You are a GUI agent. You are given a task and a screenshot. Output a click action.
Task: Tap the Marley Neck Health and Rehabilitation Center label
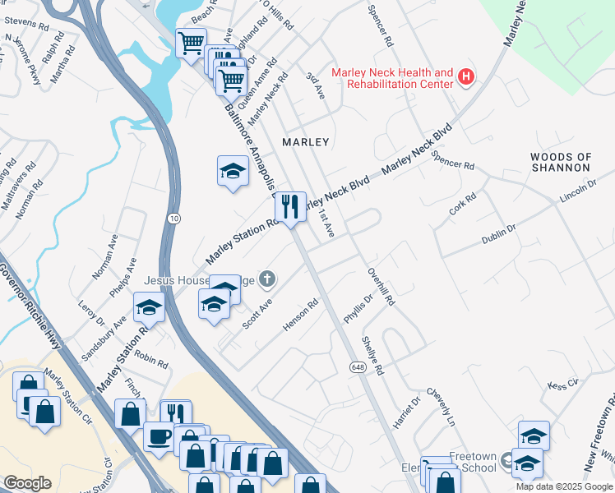[x=392, y=78]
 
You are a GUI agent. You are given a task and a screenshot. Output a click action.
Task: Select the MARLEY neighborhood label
[x=305, y=142]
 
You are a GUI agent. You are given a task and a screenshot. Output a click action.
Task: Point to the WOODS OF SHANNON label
[x=560, y=161]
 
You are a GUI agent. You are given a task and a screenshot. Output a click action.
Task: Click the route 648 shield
[x=357, y=366]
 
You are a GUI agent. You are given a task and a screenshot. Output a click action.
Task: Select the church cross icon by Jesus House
[x=266, y=281]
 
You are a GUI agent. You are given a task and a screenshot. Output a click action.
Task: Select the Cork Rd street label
[x=463, y=204]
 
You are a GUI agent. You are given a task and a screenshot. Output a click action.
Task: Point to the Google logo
[x=27, y=483]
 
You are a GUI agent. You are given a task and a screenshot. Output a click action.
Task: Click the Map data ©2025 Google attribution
[x=565, y=486]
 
